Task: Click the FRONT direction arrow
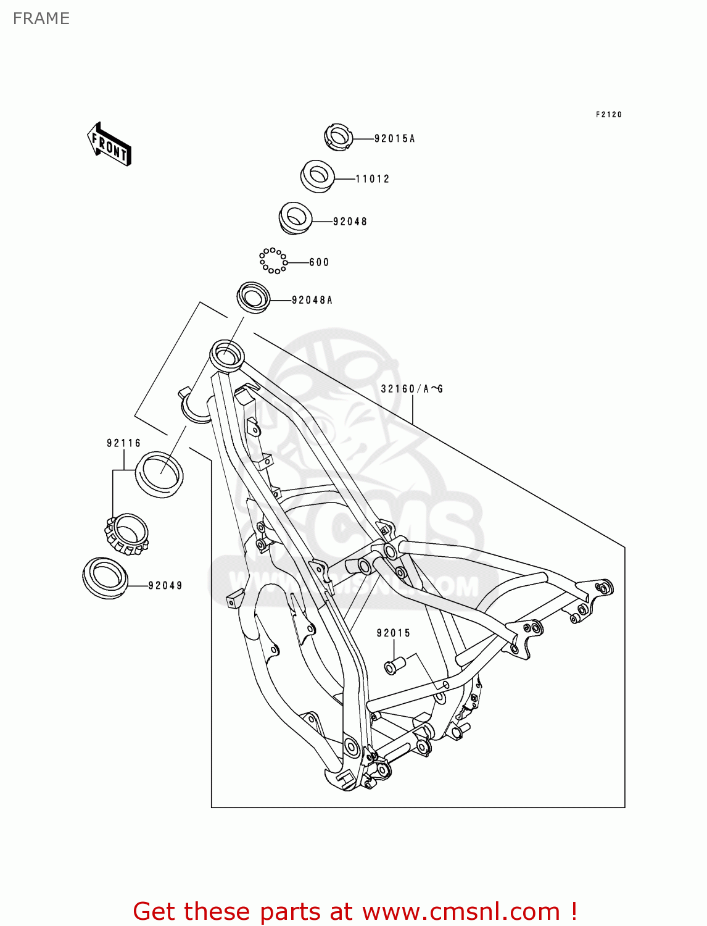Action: [109, 144]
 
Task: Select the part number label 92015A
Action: [394, 139]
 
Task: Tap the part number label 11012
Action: [373, 179]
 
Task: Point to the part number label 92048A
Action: [312, 300]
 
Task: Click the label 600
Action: [319, 262]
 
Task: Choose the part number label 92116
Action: [123, 443]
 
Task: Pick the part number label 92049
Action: [165, 585]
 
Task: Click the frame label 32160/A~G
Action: [411, 389]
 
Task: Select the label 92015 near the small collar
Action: [393, 633]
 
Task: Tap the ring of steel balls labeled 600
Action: [273, 261]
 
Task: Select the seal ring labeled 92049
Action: [105, 577]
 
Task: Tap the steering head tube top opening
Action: [226, 355]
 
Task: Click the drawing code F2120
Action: [608, 115]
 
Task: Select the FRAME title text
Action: [41, 19]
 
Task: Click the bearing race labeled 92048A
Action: [254, 297]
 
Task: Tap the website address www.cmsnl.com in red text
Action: [461, 911]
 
